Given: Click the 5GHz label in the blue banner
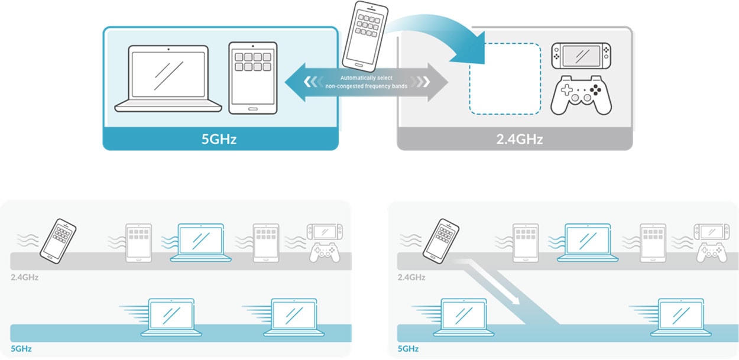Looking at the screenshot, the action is (219, 139).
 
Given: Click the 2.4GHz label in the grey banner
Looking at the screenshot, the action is (520, 139).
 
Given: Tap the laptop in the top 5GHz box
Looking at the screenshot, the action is (168, 79).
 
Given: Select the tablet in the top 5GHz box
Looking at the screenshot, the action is (253, 78).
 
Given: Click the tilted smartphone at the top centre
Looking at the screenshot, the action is (365, 36).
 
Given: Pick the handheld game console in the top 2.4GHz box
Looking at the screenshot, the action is (581, 56).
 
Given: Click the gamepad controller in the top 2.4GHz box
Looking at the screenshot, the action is (581, 95).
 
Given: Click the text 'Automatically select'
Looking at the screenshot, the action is (366, 78).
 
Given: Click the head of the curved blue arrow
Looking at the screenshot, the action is (470, 50).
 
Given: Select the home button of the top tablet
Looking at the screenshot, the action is (252, 109).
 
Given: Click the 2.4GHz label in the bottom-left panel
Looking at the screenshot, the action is (24, 277).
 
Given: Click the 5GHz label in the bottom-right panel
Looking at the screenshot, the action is (408, 349).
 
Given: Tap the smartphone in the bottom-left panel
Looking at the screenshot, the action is (58, 241).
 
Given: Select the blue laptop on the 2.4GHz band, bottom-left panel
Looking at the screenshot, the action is (200, 243).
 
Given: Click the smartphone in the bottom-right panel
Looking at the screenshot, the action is (441, 241).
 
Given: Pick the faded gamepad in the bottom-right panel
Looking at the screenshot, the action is (712, 253).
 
